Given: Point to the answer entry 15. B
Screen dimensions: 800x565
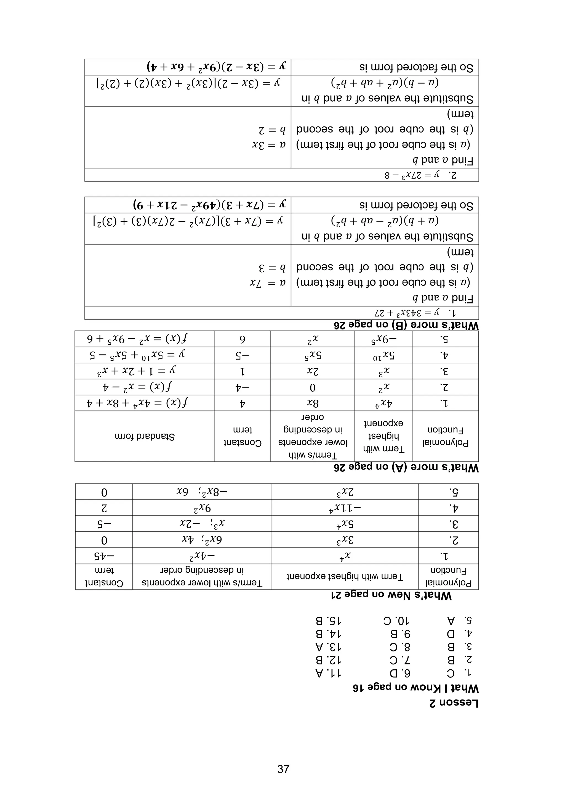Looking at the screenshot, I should click(x=328, y=621).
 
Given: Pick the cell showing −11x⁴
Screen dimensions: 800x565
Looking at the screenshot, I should click(x=345, y=508).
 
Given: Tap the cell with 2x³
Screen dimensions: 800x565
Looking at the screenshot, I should click(x=345, y=492).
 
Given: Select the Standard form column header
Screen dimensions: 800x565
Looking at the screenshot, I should click(x=145, y=436).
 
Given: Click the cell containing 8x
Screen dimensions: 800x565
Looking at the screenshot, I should click(x=312, y=403).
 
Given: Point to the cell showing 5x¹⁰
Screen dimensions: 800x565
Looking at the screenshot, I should click(x=383, y=355).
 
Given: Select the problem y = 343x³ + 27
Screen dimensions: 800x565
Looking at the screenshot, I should click(x=419, y=313).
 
